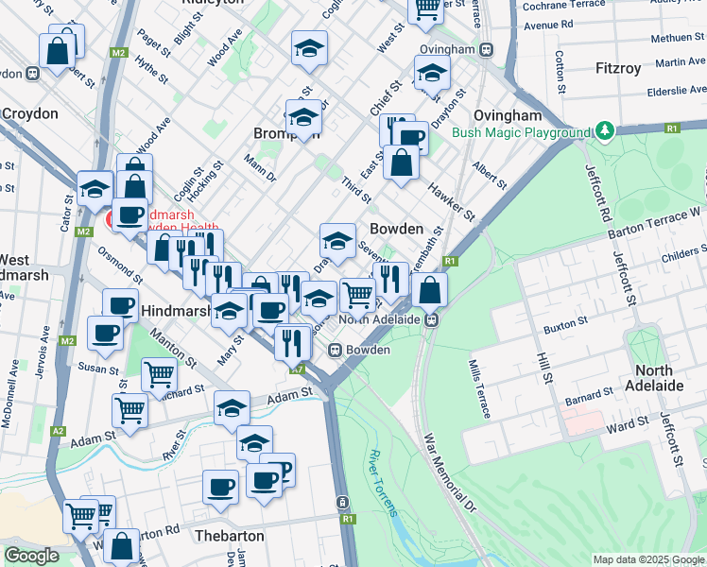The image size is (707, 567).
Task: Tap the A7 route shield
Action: [298, 369]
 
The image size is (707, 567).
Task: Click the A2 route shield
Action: [59, 431]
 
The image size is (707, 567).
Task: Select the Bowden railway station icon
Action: [335, 350]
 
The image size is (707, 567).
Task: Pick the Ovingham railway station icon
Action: [485, 49]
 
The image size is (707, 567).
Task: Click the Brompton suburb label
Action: [286, 134]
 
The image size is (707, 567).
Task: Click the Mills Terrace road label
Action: [480, 388]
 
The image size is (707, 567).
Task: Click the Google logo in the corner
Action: [32, 556]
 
